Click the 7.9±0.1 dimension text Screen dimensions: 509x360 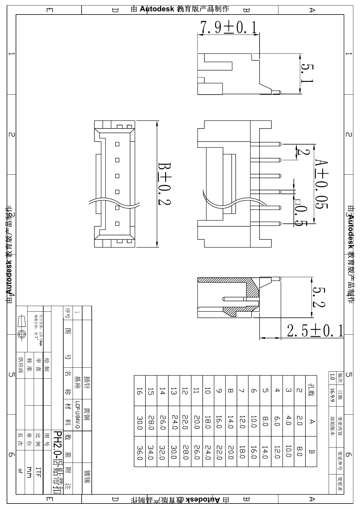tap(228, 28)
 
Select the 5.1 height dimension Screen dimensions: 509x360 tap(307, 73)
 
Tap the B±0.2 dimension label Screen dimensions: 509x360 tap(164, 184)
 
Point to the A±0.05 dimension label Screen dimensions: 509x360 tap(322, 184)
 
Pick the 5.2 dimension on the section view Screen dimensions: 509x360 tap(318, 297)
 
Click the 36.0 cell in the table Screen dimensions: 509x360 tap(140, 453)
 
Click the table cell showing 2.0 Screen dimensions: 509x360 tap(300, 421)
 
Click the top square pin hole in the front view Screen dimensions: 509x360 tap(117, 144)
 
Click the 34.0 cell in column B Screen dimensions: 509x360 tap(151, 453)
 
